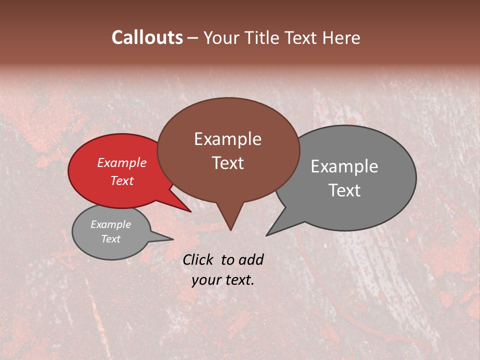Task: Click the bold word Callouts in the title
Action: coord(147,37)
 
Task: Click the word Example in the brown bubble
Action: coord(227,139)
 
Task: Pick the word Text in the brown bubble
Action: coord(227,163)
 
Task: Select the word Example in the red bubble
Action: coord(121,162)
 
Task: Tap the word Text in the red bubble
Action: coord(121,180)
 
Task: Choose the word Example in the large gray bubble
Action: coord(344,166)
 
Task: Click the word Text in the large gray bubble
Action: coord(344,190)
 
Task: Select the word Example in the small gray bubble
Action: coord(110,224)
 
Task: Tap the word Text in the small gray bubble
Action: coord(110,239)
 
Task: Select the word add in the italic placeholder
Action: coord(250,259)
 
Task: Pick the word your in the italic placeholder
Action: coord(205,280)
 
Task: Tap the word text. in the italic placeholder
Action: coord(239,280)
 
